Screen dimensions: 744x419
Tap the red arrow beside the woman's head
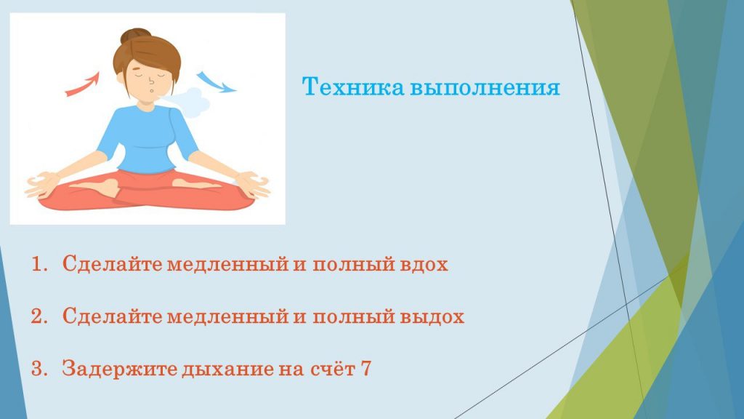(83, 84)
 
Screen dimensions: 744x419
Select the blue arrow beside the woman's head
(217, 81)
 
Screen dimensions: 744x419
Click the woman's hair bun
(135, 36)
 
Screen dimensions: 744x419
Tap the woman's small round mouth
(151, 90)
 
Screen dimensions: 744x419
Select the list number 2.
(39, 316)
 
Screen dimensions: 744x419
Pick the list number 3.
(39, 369)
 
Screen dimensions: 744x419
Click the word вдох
(424, 264)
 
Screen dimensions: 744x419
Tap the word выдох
(432, 316)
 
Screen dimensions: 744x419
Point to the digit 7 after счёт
(365, 369)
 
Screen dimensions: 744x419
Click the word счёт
(333, 368)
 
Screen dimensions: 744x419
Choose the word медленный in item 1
(227, 265)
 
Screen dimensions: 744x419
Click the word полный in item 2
(354, 317)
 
